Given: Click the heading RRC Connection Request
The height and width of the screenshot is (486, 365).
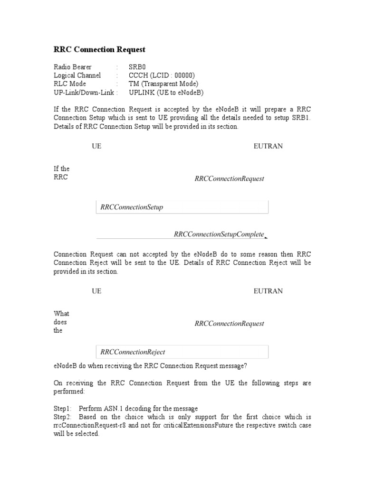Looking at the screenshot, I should coord(99,49).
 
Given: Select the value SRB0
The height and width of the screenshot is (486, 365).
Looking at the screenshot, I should coord(137,67).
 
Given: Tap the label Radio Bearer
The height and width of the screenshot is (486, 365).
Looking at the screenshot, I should coord(73,67).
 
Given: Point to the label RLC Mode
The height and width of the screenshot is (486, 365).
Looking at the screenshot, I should coord(70,84).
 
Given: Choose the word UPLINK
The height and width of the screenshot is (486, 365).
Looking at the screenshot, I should coord(142,93).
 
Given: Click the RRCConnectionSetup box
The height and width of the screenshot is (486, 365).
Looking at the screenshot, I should coord(182,207).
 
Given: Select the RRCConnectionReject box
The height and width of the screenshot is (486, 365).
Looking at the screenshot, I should coord(182,352).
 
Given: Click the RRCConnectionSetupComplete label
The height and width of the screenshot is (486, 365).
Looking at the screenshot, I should coord(219,234).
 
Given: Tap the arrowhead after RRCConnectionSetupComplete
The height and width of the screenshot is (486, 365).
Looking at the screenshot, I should coord(266,236).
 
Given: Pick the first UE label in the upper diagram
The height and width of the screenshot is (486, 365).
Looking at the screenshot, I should coord(96,146).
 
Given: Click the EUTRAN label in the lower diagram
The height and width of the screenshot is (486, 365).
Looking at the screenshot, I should coord(268,291).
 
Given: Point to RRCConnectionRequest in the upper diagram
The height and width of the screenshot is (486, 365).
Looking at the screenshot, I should coord(229,179).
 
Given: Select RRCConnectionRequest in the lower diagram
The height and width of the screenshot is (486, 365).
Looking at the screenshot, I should coord(229,324).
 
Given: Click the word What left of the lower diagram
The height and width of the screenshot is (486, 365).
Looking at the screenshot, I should coord(61,314).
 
